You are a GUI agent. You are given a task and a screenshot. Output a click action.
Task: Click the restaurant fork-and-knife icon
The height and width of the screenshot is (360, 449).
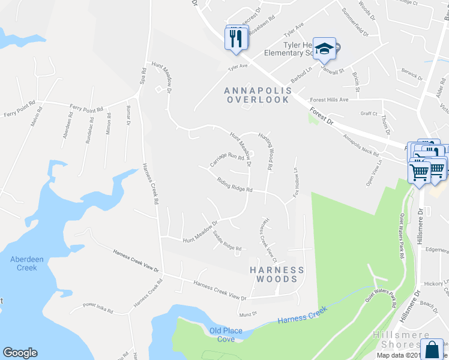235,38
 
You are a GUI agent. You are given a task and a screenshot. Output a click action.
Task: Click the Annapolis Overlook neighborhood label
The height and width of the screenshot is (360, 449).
258,95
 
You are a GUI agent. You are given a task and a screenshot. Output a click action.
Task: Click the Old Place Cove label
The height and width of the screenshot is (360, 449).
221,335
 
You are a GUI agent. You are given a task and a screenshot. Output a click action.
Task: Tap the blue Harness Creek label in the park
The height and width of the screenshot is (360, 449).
302,316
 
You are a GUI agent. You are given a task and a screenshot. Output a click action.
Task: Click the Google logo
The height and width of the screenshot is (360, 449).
20,353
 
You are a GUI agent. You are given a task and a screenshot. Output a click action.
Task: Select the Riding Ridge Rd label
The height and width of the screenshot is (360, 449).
234,184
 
